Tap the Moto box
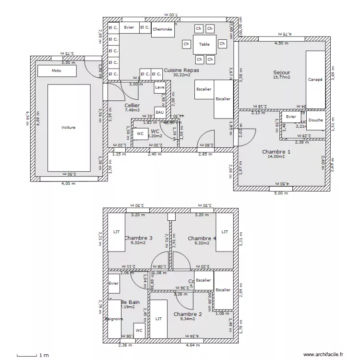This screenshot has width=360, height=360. [x=57, y=71]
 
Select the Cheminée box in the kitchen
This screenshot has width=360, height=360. [x=162, y=29]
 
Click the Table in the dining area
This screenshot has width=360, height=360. [x=204, y=44]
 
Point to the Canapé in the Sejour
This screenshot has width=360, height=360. [x=315, y=80]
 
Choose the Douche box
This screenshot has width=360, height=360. [x=315, y=120]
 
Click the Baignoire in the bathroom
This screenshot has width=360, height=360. [x=114, y=319]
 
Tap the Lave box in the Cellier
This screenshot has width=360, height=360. [x=160, y=88]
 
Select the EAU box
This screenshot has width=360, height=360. [x=160, y=113]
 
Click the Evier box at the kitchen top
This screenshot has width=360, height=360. [x=129, y=28]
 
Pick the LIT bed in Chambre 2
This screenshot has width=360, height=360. [x=158, y=319]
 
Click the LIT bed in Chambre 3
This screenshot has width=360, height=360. [x=116, y=232]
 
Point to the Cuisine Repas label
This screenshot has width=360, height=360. [x=181, y=70]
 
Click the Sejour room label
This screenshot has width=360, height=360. [x=282, y=73]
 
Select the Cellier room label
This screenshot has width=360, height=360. [x=132, y=105]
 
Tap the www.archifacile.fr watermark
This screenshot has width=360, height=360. [x=324, y=354]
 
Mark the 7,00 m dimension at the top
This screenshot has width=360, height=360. [x=170, y=15]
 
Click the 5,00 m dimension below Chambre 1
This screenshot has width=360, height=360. [x=281, y=193]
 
